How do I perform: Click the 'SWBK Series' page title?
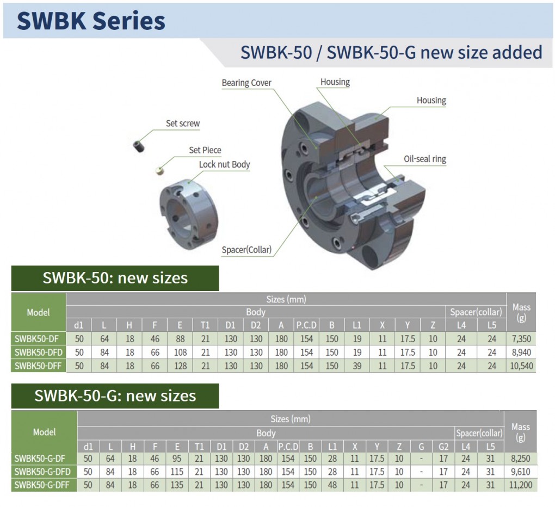pos(91,21)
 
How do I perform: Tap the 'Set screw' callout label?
pos(183,123)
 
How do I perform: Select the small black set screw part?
pos(139,146)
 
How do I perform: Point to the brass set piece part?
pos(160,171)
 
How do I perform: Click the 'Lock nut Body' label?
pos(224,164)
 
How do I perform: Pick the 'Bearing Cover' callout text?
pos(246,83)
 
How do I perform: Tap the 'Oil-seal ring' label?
pos(425,159)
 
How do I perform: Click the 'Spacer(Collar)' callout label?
pos(246,250)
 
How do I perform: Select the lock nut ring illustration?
pos(189,214)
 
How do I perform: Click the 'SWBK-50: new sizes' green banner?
pos(115,278)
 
